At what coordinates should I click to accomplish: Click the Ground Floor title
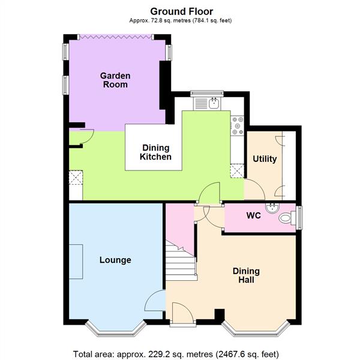coord(181,11)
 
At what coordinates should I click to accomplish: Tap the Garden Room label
coord(114,80)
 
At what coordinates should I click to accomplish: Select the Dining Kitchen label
coord(156,152)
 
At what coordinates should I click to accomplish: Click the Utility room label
coord(265,159)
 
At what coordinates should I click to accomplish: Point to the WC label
coord(253,215)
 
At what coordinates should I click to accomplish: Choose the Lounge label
coord(115,260)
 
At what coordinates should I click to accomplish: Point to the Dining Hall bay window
coord(256,329)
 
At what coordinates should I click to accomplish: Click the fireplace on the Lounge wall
coord(76,262)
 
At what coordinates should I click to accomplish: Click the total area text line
coord(176,353)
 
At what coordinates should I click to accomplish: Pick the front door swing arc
coord(181,311)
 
